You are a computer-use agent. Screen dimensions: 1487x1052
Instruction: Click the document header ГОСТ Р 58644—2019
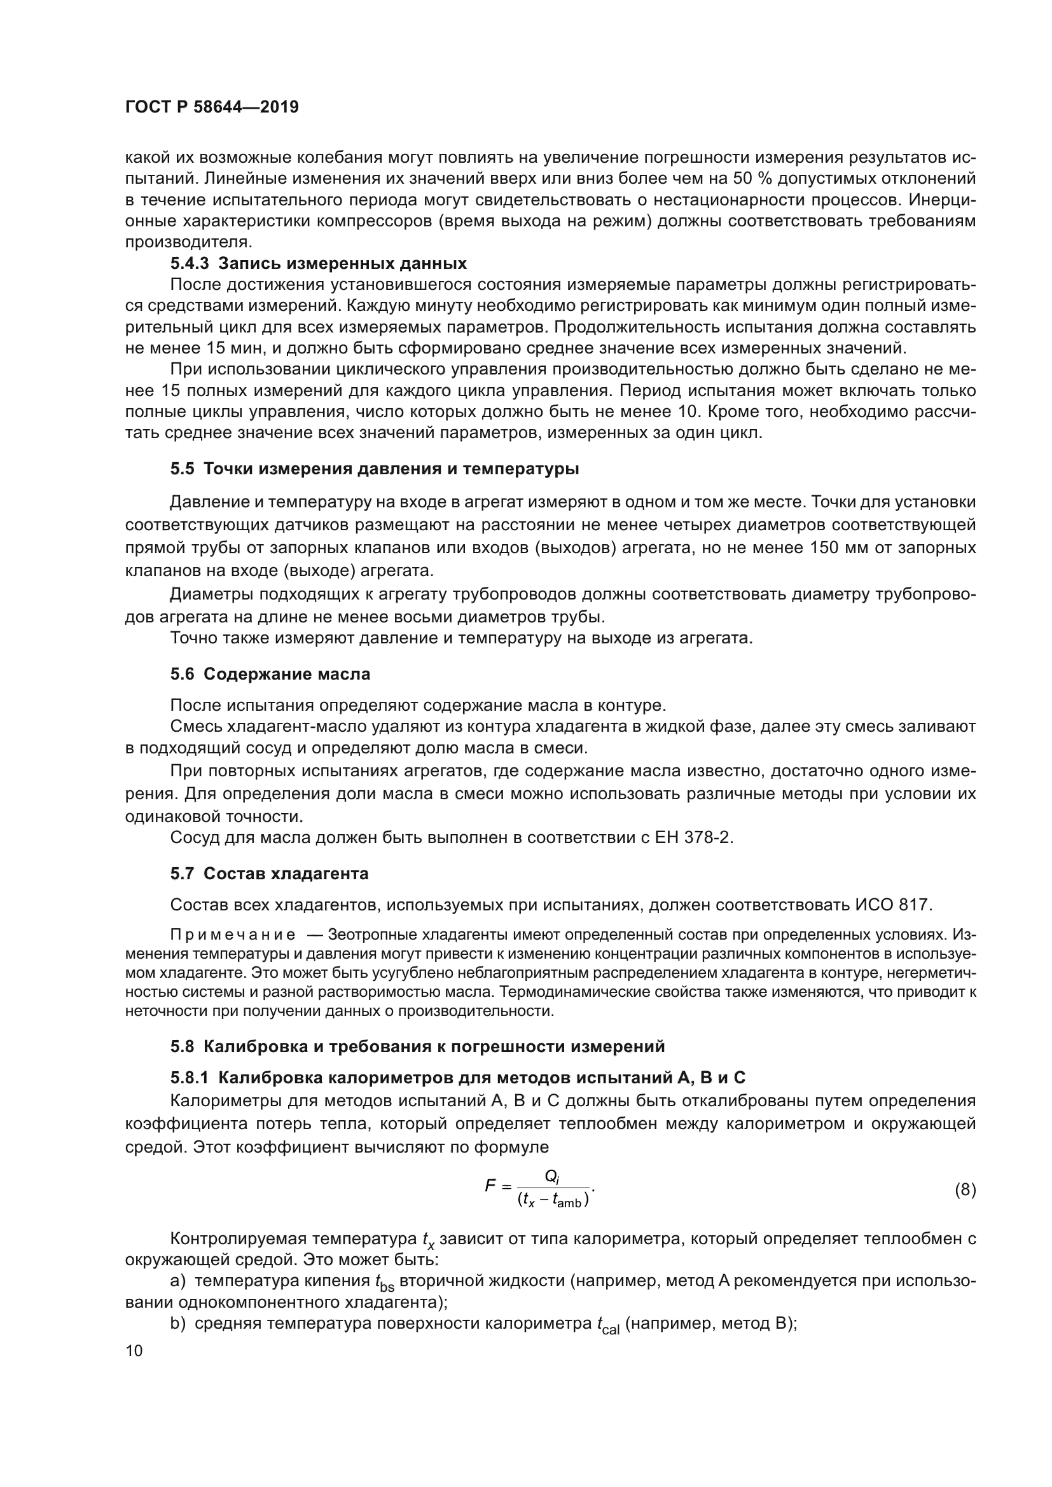pyautogui.click(x=212, y=107)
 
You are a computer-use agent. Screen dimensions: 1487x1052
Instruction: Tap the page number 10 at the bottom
pyautogui.click(x=134, y=1350)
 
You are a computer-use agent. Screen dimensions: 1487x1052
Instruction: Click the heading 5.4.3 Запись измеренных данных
pyautogui.click(x=318, y=264)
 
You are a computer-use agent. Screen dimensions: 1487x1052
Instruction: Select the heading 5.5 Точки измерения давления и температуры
pyautogui.click(x=375, y=469)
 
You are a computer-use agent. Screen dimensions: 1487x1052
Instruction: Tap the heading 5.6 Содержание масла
pyautogui.click(x=270, y=674)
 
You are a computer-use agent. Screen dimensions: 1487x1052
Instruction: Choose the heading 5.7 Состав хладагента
pyautogui.click(x=269, y=874)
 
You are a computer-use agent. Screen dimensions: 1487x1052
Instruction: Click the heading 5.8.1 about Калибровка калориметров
pyautogui.click(x=457, y=1078)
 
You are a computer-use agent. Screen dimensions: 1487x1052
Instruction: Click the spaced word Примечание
pyautogui.click(x=233, y=935)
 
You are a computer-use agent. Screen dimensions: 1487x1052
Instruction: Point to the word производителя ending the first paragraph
pyautogui.click(x=188, y=242)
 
